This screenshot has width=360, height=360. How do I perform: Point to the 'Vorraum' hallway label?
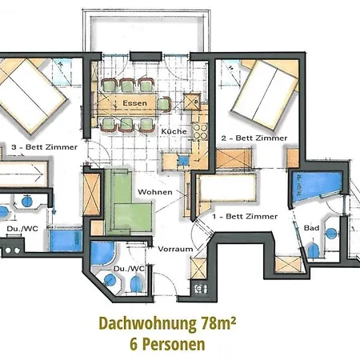175,249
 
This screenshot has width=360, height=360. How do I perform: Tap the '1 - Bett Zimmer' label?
245,216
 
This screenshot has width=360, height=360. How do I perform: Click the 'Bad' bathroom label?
313,228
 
